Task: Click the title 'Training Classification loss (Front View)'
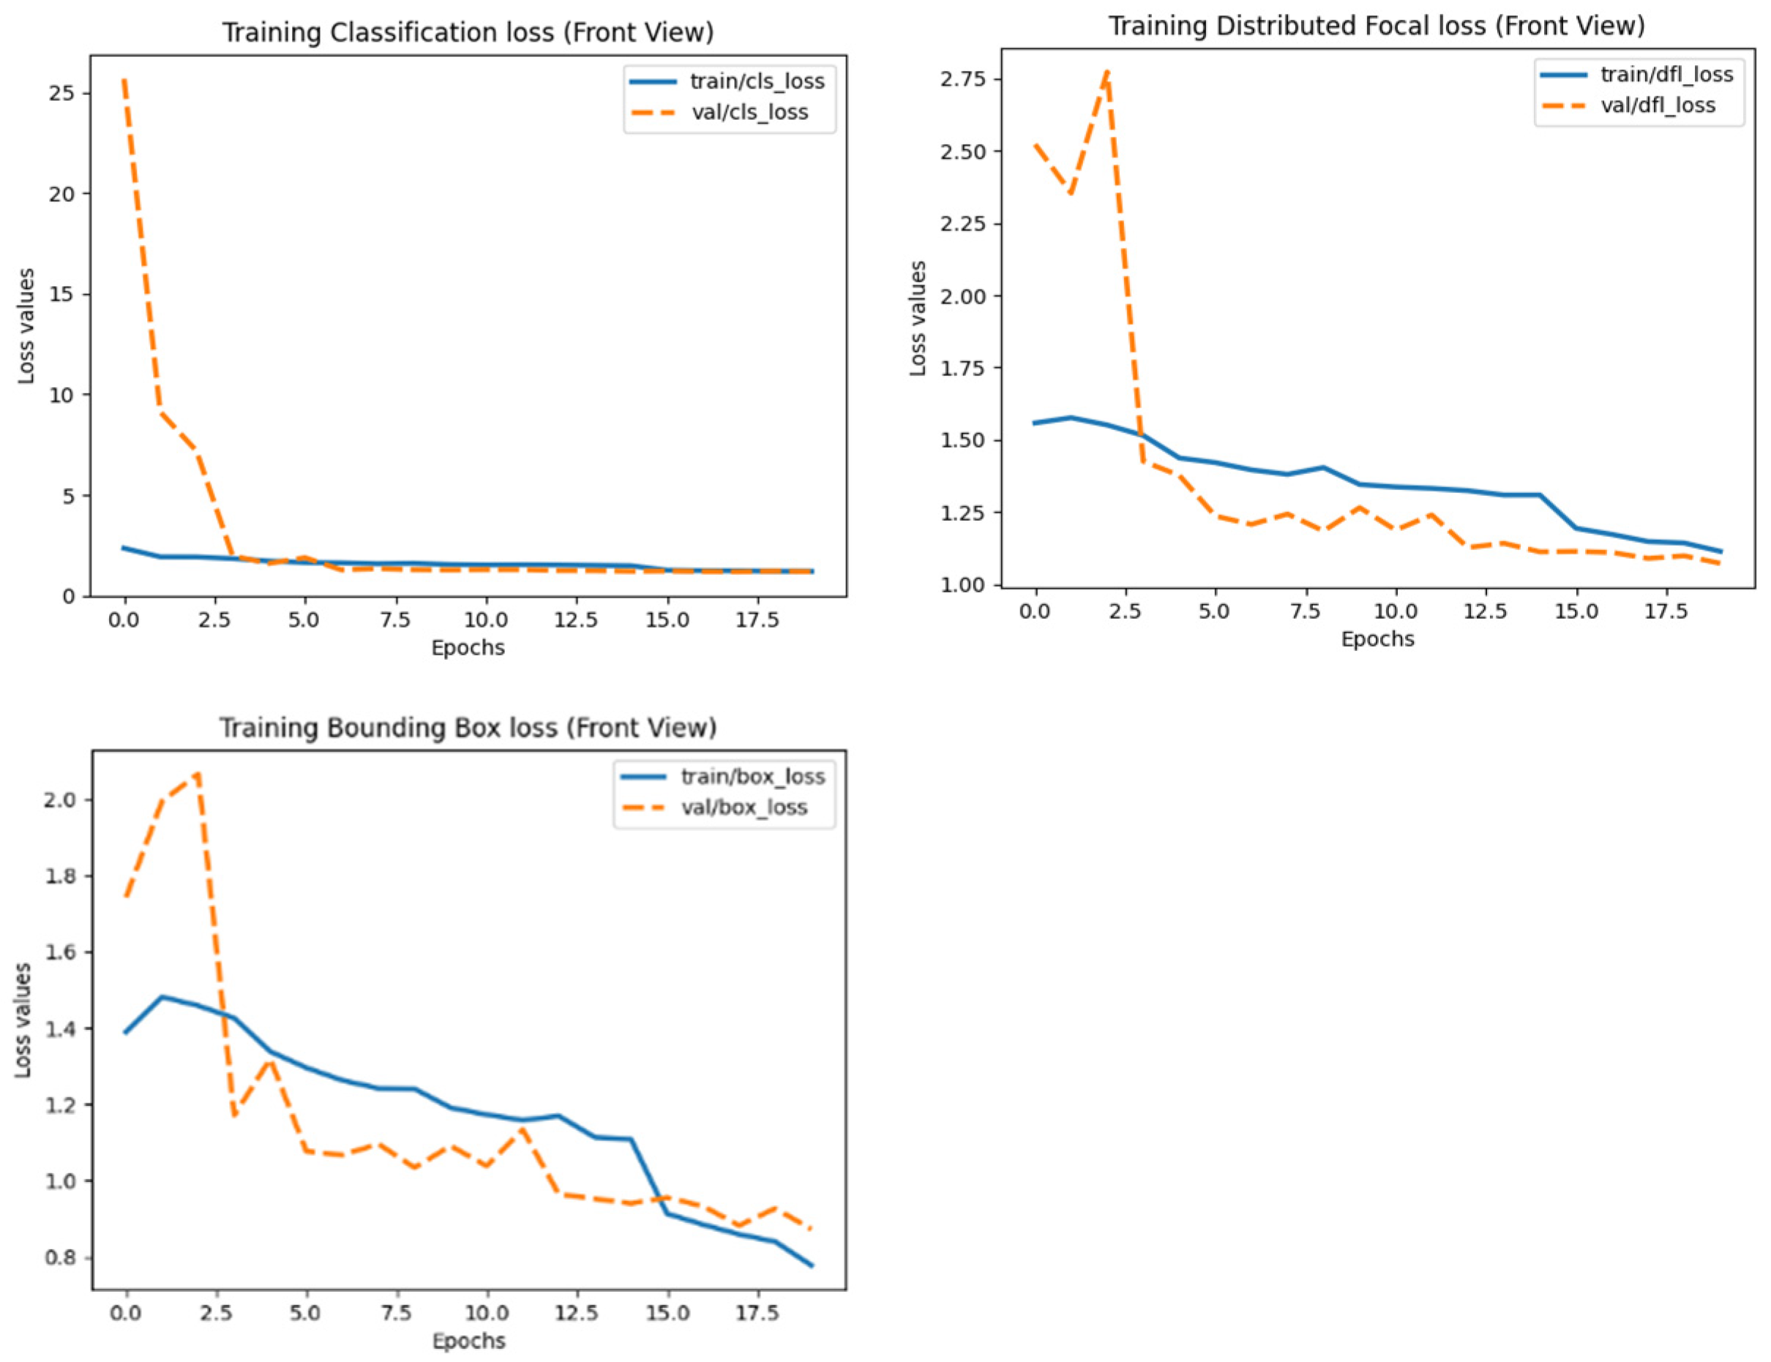(x=468, y=32)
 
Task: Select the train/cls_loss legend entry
(x=756, y=81)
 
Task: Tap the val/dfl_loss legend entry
(x=1658, y=105)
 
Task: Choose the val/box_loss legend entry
(x=744, y=807)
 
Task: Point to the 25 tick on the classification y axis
(x=61, y=93)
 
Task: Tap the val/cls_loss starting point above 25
(x=124, y=80)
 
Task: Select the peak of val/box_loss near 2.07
(x=198, y=774)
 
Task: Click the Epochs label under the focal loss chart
(x=1377, y=639)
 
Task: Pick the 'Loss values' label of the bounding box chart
(x=23, y=1020)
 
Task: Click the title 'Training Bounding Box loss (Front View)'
(x=468, y=727)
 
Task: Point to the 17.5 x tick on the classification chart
(x=757, y=620)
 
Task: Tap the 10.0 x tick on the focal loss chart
(x=1395, y=612)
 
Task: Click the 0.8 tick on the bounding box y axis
(x=60, y=1257)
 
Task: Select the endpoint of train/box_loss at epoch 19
(x=812, y=1265)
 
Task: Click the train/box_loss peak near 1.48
(x=162, y=996)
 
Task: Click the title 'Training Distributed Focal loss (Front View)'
(x=1376, y=26)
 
